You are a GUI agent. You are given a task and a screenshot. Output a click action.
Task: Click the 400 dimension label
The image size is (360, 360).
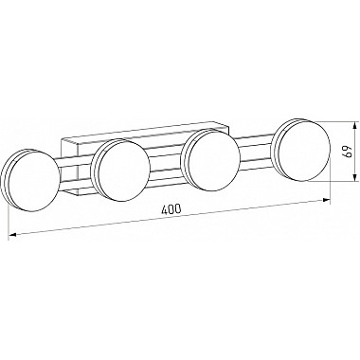point(171,209)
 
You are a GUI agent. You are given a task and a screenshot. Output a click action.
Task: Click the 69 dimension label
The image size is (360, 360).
point(348,152)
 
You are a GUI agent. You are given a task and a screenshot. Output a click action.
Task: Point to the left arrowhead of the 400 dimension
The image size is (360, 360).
point(12,235)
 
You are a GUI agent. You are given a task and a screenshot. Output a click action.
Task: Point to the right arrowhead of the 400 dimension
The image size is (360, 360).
point(326,200)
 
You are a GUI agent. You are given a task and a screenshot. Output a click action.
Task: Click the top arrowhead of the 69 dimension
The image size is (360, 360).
point(355,126)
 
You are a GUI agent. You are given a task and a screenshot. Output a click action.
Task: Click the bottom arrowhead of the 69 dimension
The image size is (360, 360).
point(355,177)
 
